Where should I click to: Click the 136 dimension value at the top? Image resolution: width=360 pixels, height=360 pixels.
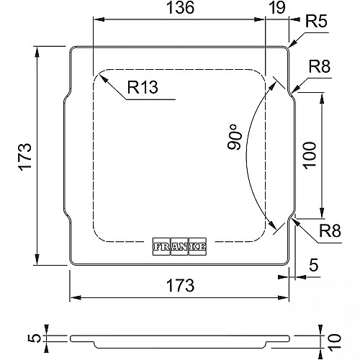pyautogui.click(x=180, y=7)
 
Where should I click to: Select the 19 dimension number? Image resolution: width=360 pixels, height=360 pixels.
pyautogui.click(x=277, y=7)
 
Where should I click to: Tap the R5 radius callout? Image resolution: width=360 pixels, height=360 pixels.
pyautogui.click(x=316, y=22)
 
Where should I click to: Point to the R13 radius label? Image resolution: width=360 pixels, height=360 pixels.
pyautogui.click(x=143, y=87)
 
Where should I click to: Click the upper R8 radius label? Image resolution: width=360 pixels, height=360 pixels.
pyautogui.click(x=320, y=66)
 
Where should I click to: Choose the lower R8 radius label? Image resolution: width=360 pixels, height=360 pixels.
pyautogui.click(x=330, y=231)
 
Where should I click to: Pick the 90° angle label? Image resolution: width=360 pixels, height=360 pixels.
pyautogui.click(x=235, y=137)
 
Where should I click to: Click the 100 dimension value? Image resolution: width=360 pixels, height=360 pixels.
pyautogui.click(x=310, y=156)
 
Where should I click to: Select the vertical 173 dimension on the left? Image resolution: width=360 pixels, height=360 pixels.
pyautogui.click(x=25, y=157)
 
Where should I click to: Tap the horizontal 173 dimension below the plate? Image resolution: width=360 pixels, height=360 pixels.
pyautogui.click(x=180, y=285)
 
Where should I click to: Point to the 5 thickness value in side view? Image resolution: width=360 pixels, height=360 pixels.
pyautogui.click(x=35, y=338)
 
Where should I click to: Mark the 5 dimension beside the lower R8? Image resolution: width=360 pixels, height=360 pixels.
pyautogui.click(x=313, y=265)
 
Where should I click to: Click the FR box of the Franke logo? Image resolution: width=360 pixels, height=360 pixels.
pyautogui.click(x=162, y=246)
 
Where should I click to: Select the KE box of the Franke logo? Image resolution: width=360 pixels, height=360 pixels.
pyautogui.click(x=197, y=246)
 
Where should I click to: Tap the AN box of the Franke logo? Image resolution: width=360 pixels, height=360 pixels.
pyautogui.click(x=180, y=246)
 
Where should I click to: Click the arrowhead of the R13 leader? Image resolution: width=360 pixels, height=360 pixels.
pyautogui.click(x=102, y=78)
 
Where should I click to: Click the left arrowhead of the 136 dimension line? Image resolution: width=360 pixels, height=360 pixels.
pyautogui.click(x=99, y=19)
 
